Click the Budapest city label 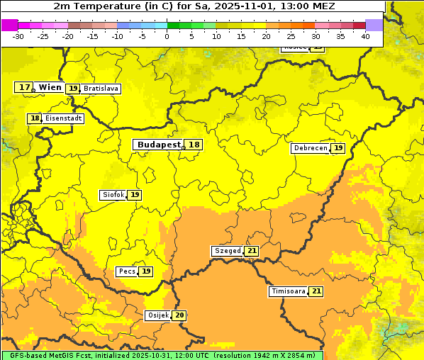click(159, 145)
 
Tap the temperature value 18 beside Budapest click(194, 145)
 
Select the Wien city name click(50, 87)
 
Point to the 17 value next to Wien click(24, 87)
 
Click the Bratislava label click(100, 89)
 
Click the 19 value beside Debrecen click(339, 148)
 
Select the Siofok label click(113, 195)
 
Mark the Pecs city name click(127, 271)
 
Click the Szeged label click(228, 251)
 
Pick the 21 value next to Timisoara click(316, 291)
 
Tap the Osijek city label click(158, 315)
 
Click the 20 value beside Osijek click(180, 315)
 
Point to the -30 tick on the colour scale click(18, 36)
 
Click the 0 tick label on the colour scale click(167, 36)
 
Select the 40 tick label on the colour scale click(365, 36)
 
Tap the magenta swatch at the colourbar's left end click(9, 25)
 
